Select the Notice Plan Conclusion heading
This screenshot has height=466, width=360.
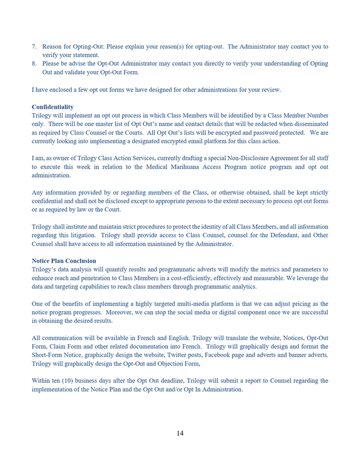pos(64,260)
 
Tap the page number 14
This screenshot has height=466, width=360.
pos(180,433)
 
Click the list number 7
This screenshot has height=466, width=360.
pos(34,46)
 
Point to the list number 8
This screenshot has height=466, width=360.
pos(34,64)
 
